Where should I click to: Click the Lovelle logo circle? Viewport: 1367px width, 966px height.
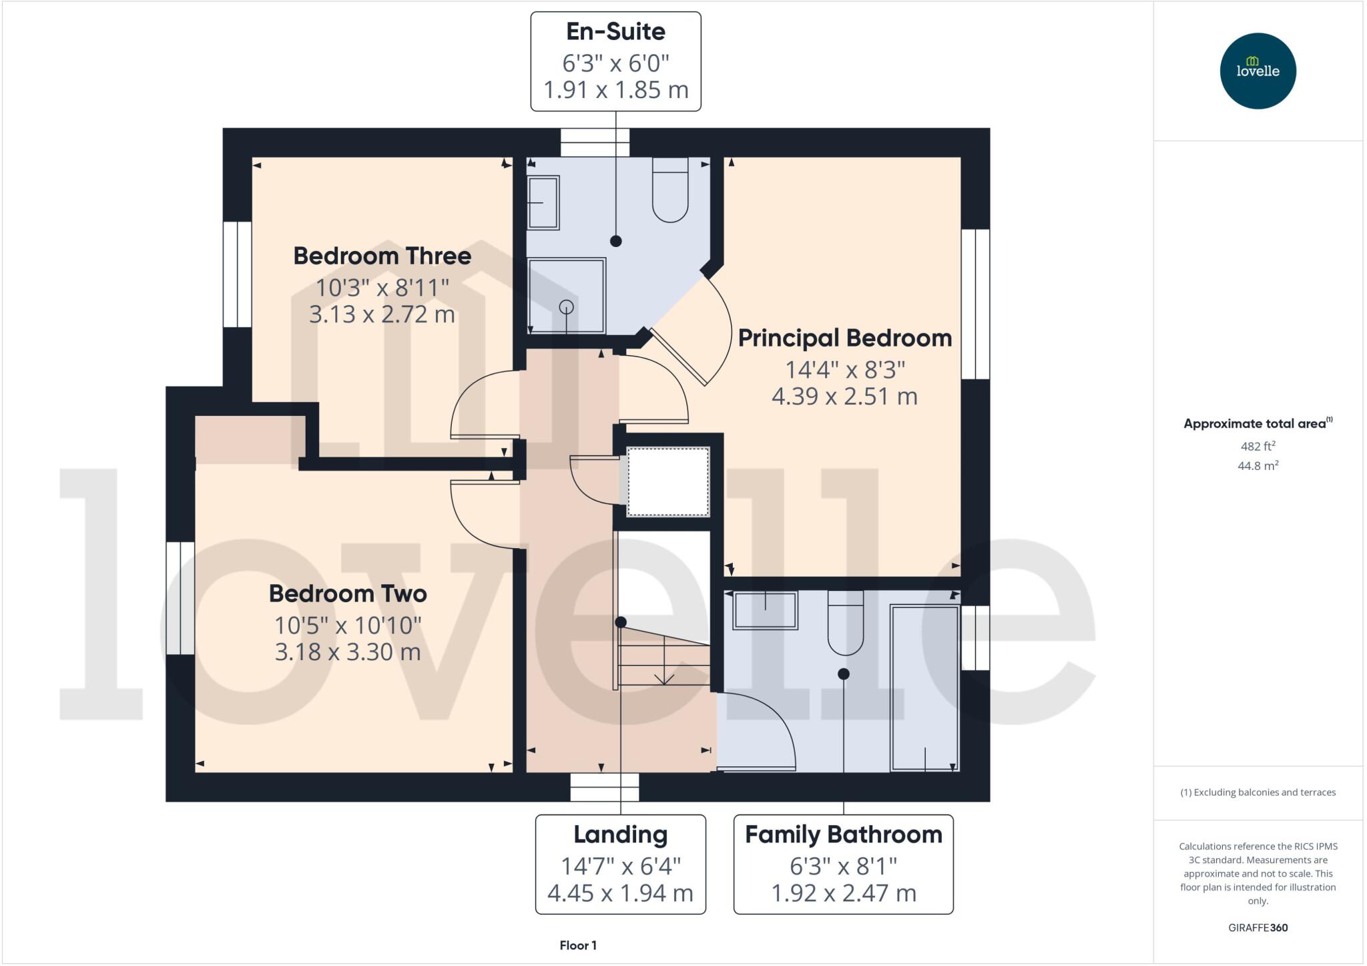click(1258, 71)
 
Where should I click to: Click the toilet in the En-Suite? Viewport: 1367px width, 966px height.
click(669, 190)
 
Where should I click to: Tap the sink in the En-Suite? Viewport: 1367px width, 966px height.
click(543, 203)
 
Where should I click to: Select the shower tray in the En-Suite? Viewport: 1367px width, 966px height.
click(567, 295)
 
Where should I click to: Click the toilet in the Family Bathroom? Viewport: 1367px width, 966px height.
click(845, 624)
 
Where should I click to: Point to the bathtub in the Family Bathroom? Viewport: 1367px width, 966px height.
click(924, 688)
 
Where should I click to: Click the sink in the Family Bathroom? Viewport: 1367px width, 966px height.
click(765, 610)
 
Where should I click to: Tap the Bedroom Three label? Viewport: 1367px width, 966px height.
click(382, 256)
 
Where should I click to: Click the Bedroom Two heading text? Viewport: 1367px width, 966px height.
click(348, 593)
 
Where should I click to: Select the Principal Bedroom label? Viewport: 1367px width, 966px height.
click(844, 338)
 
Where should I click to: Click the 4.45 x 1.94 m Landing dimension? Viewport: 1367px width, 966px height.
click(620, 893)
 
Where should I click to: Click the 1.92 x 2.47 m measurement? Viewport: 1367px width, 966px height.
click(843, 893)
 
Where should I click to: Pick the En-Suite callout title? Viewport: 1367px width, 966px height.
click(615, 31)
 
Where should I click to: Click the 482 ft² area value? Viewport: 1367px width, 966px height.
click(1258, 446)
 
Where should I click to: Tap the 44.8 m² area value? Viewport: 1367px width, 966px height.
click(1258, 465)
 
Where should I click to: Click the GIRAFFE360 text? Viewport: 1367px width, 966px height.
click(1258, 927)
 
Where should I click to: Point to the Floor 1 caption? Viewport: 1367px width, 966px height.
click(578, 945)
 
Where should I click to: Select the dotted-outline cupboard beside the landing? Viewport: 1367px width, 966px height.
click(667, 481)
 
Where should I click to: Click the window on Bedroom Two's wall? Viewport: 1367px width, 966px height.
click(180, 597)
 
